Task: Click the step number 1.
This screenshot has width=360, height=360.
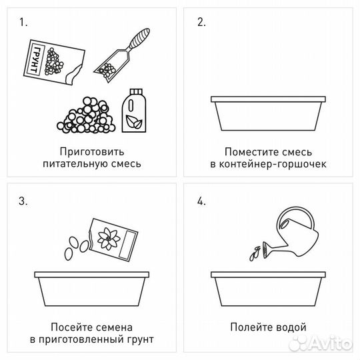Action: [x=23, y=22]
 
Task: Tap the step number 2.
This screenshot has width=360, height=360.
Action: [x=201, y=22]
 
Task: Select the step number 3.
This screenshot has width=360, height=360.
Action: [x=23, y=202]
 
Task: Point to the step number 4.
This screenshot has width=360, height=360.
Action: [x=202, y=202]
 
